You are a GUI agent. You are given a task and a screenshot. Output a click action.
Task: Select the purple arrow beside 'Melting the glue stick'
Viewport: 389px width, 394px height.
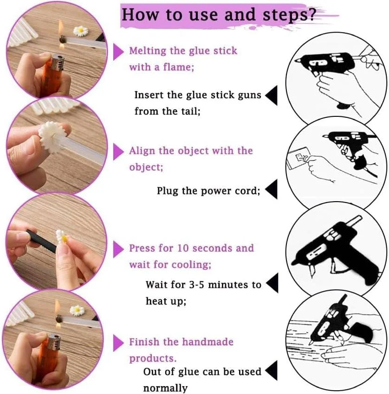coord(118,52)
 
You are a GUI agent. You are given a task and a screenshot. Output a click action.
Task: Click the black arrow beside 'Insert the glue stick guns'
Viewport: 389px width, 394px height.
coord(272,95)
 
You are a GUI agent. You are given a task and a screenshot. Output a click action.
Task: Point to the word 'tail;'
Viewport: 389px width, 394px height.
coord(191,111)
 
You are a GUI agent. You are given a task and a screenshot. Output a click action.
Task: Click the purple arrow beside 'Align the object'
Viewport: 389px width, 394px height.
coord(118,152)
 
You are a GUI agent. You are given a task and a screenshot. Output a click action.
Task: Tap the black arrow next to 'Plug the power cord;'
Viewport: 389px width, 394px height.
coord(272,189)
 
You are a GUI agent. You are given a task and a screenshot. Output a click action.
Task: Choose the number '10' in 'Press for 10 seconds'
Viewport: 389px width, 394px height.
coord(183,248)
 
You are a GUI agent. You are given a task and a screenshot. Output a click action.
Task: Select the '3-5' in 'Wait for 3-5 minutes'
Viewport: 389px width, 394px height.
coord(196,285)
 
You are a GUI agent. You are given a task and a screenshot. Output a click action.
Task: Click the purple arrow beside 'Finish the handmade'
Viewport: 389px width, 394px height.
coord(118,343)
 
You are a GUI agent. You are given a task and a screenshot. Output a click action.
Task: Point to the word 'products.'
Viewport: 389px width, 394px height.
coord(153,359)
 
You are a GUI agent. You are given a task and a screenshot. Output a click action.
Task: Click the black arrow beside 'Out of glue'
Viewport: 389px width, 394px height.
coord(272,370)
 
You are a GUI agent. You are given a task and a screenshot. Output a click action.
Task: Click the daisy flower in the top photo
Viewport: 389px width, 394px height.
coord(81,31)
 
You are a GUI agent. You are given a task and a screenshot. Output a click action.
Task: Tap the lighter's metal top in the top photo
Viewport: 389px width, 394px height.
coord(58,64)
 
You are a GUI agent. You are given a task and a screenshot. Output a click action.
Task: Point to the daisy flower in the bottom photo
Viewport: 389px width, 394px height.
coord(77,311)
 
